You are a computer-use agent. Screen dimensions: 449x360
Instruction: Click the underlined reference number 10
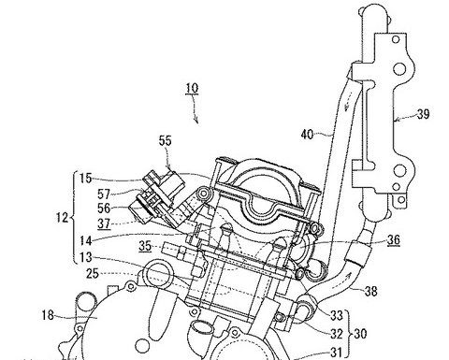192,89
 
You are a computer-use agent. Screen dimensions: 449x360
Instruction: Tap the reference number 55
166,141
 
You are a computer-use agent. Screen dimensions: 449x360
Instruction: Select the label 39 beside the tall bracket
423,114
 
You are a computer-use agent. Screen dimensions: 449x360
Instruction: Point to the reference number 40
308,135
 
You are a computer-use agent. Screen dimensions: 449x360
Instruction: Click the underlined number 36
394,239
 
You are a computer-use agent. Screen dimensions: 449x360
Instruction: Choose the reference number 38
370,292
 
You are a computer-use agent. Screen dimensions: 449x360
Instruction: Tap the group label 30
360,334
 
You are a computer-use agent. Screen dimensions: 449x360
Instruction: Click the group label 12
62,217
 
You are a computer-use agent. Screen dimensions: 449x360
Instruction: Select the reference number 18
48,315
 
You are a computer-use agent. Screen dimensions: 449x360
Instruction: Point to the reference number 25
93,274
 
